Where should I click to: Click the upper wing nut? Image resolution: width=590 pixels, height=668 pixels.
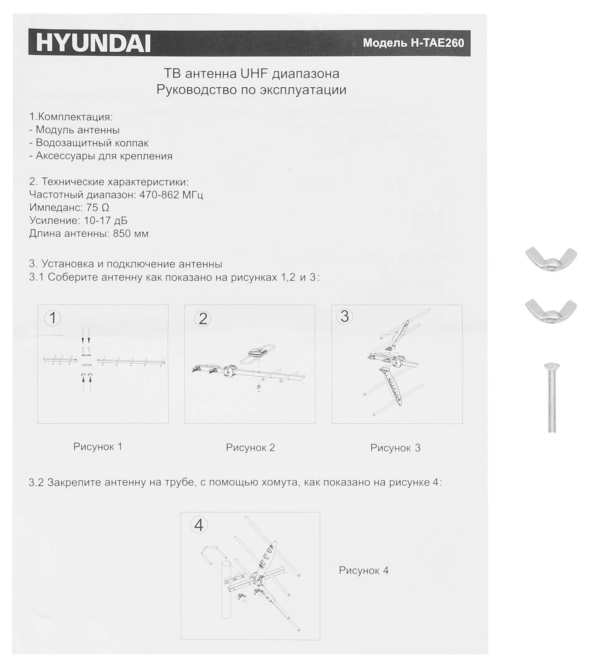point(551,259)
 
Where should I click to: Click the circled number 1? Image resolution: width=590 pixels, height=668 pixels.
point(52,318)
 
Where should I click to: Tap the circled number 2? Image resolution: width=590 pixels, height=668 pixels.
point(203,319)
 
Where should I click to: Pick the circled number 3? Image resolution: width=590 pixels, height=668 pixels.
point(345,316)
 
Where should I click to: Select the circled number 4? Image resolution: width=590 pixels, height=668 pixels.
point(199,525)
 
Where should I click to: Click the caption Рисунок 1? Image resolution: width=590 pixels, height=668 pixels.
point(98,447)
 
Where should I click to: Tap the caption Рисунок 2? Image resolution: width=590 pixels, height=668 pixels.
point(250,448)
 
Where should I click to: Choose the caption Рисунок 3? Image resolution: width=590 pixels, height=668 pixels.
point(395,448)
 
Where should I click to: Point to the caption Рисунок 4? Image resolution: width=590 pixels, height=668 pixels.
point(364,570)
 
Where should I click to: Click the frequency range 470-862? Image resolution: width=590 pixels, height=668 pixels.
point(159,195)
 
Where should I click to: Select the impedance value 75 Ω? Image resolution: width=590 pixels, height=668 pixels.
point(98,207)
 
